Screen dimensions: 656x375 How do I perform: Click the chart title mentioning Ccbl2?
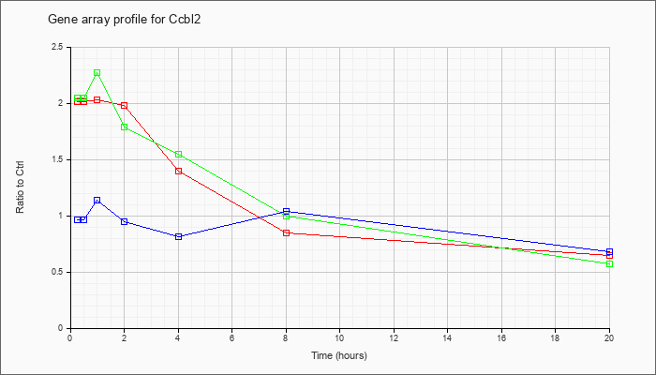click(x=125, y=20)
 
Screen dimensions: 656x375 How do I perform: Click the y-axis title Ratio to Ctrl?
click(x=20, y=187)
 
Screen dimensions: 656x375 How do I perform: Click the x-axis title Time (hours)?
click(x=339, y=355)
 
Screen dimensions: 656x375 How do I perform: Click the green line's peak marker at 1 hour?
click(x=97, y=73)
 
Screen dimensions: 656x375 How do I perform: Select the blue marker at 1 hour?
click(x=97, y=201)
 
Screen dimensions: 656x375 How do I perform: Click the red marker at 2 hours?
click(x=125, y=105)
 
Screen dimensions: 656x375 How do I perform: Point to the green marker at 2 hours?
click(x=125, y=127)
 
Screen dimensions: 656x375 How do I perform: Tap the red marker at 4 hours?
click(x=179, y=171)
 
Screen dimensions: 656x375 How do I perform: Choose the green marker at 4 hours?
click(x=179, y=154)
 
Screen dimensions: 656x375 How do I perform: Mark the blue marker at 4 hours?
click(x=179, y=236)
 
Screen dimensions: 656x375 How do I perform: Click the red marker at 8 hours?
click(x=286, y=232)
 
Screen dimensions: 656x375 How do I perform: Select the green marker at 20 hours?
click(x=609, y=264)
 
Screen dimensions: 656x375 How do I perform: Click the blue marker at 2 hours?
click(x=125, y=221)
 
